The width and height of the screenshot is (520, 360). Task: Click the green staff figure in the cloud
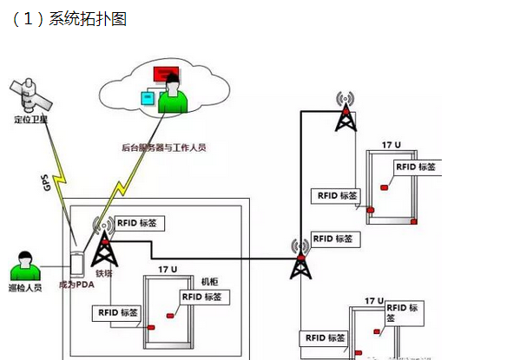tap(174, 94)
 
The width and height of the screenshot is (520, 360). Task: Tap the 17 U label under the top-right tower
tap(391, 143)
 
